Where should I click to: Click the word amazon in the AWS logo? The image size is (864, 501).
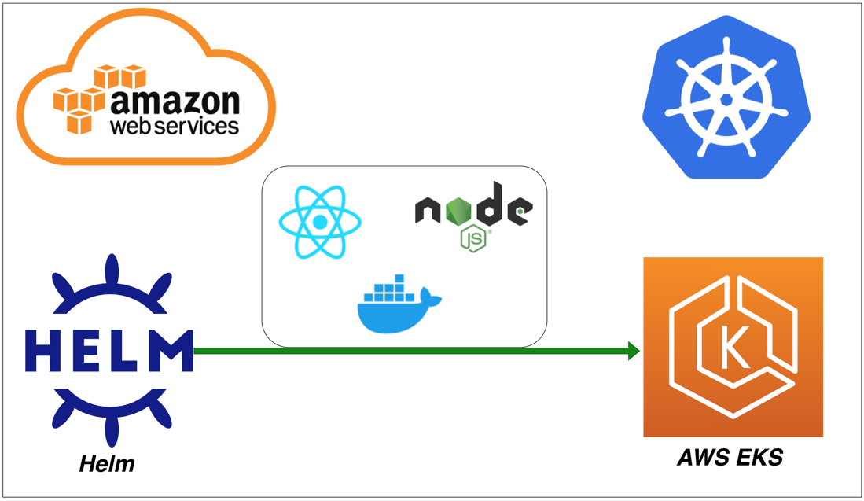tap(175, 102)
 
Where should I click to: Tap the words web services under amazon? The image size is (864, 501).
tap(175, 126)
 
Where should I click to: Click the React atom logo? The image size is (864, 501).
tap(320, 223)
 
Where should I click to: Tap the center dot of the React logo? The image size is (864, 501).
tap(320, 223)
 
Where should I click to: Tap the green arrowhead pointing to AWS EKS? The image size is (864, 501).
tap(634, 351)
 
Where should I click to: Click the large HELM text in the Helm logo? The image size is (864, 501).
tap(108, 351)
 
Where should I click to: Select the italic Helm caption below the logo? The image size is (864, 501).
tap(107, 464)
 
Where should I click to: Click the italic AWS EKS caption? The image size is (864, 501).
tap(730, 457)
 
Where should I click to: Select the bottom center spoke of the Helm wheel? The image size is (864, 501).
tap(110, 429)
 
